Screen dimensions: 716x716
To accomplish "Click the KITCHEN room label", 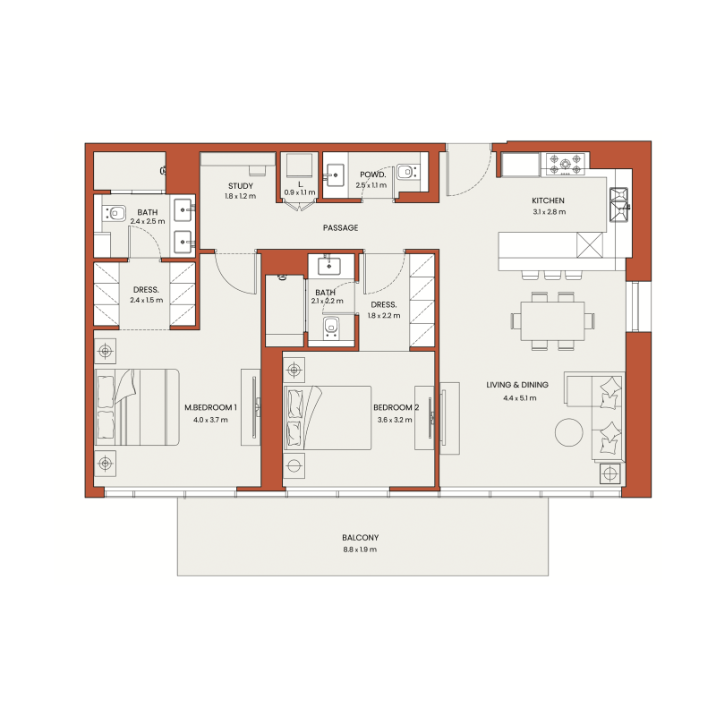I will (548, 200).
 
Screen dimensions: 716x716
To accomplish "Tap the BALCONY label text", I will (359, 538).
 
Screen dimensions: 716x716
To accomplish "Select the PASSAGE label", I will (340, 228).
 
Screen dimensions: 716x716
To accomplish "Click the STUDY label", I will (239, 185).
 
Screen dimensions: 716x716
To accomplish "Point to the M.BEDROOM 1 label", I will (211, 407).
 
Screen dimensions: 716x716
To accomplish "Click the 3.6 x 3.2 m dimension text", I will (395, 419).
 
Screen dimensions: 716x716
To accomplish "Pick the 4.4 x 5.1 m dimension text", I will (516, 397).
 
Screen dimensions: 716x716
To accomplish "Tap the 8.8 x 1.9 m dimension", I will (359, 550).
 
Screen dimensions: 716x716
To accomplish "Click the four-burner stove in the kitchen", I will (567, 165).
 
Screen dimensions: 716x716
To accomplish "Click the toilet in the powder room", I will (407, 170).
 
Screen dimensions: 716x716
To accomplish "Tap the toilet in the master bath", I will (115, 213).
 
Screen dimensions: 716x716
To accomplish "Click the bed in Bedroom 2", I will (328, 418).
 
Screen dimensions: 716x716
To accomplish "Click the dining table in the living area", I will (547, 320).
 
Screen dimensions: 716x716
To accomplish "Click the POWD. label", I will (371, 175).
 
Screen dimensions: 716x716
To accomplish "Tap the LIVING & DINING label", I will (517, 385).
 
